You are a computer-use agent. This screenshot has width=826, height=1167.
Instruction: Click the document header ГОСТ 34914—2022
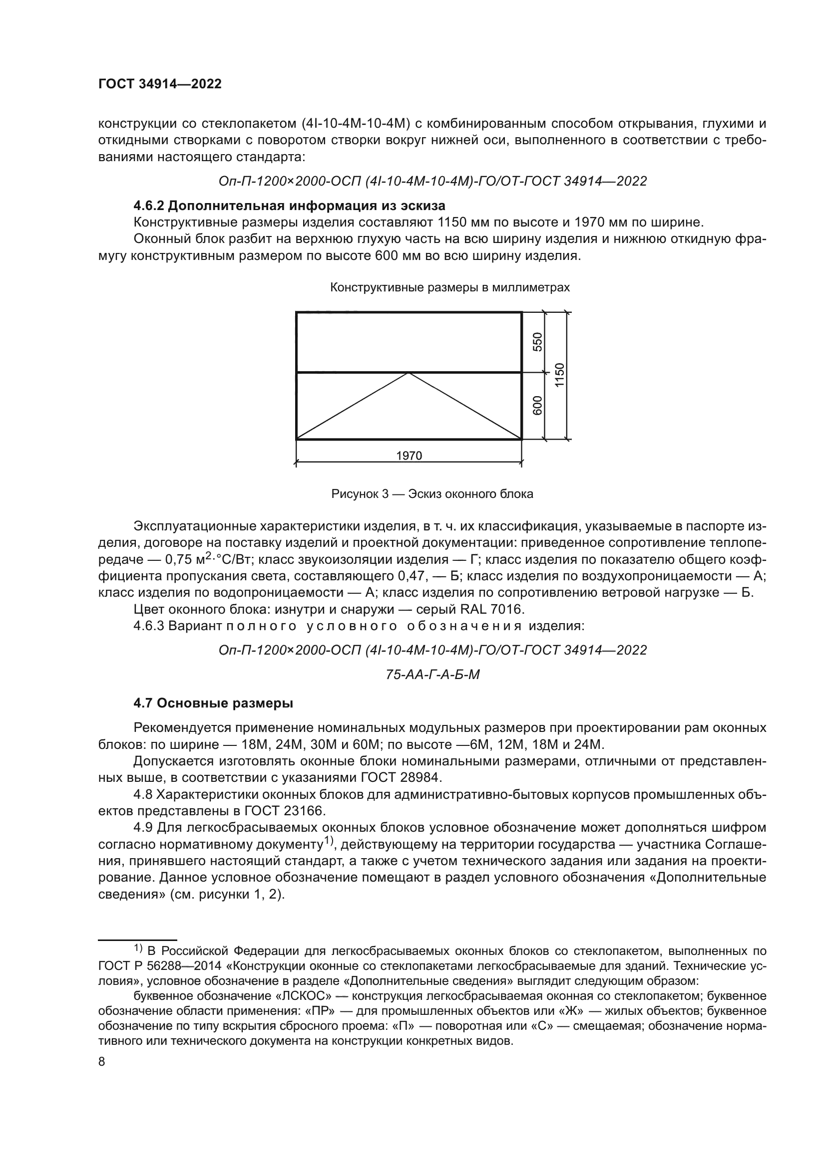160,84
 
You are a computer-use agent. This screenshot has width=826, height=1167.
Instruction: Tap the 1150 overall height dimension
559,375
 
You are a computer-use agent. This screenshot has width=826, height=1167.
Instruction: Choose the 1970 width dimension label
409,456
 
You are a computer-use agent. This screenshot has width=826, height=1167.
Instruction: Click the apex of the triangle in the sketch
409,373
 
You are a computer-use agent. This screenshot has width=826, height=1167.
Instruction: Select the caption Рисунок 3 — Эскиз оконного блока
432,494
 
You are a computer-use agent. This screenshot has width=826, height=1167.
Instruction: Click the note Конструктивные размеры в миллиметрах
449,288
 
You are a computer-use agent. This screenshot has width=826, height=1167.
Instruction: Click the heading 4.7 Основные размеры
213,703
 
